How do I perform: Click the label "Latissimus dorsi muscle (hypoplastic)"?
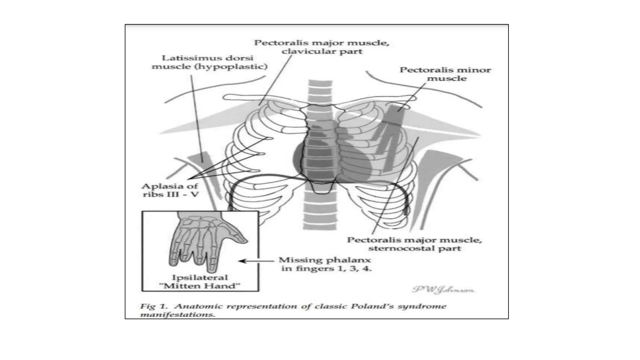coord(209,62)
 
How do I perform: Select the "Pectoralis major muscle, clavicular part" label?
coord(322,47)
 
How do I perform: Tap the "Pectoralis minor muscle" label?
coord(445,74)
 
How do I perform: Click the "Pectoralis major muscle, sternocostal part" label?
coord(414,244)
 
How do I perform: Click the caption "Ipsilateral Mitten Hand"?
coord(200,282)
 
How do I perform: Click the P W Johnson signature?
coord(443,290)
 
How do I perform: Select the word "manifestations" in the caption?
coord(177,314)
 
